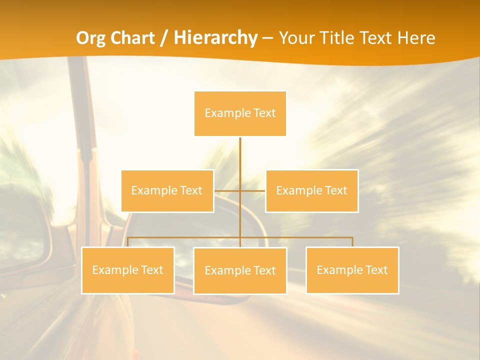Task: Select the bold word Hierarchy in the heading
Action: [216, 38]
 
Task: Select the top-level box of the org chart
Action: [240, 113]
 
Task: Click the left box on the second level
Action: [167, 190]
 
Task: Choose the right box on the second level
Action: [311, 190]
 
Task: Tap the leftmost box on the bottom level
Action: [127, 270]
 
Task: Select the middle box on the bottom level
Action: [240, 270]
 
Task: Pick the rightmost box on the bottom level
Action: [352, 270]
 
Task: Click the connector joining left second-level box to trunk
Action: [227, 190]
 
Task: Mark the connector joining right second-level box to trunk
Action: [253, 190]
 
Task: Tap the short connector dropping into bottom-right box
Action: [352, 242]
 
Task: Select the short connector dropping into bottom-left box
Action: [128, 242]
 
